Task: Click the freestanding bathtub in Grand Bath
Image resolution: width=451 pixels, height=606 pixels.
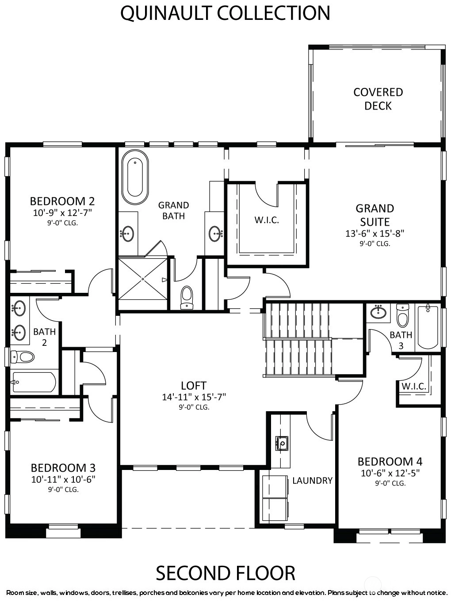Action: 135,177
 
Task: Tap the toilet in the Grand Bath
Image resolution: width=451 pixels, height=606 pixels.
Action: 187,297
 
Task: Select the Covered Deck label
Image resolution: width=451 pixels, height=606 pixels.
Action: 378,99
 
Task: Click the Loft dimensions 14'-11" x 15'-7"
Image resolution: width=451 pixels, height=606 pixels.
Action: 194,397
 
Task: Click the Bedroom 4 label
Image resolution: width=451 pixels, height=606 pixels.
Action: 390,462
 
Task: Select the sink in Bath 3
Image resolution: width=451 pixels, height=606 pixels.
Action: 378,312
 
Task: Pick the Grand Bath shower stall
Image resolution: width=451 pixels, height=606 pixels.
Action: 143,279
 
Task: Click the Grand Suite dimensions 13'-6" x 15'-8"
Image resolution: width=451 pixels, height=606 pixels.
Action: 375,233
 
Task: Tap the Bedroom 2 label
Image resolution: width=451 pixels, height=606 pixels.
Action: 62,201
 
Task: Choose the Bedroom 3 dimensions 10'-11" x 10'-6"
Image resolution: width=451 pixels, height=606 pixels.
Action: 63,479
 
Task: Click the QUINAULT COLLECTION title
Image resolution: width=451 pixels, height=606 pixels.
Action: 225,13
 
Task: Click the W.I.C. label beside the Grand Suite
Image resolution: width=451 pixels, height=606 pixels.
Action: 267,220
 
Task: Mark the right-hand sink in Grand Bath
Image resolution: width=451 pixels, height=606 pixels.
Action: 215,234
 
